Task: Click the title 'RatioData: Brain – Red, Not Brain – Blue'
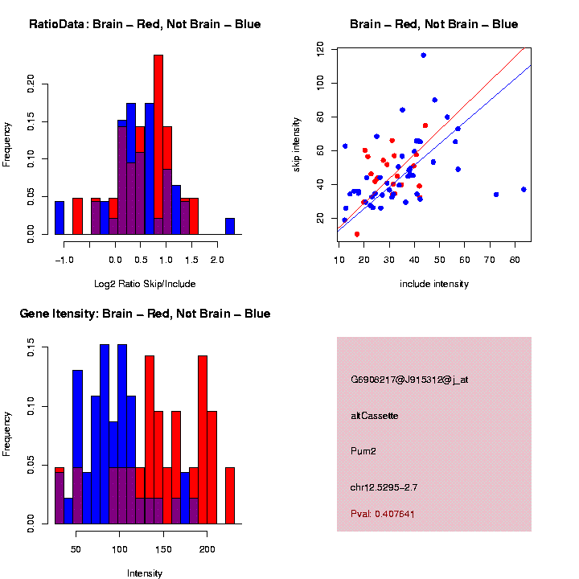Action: click(x=145, y=24)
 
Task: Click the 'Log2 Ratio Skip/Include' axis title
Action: click(x=145, y=284)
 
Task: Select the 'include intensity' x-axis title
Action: click(x=434, y=284)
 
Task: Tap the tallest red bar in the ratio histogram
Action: click(x=158, y=145)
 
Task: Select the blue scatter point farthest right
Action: click(x=524, y=189)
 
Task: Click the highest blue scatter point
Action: click(x=424, y=55)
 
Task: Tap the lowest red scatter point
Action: click(x=357, y=234)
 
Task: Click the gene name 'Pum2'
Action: click(x=363, y=451)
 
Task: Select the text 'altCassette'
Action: click(x=375, y=416)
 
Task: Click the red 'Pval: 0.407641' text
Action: click(x=383, y=513)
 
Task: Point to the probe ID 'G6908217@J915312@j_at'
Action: click(x=409, y=380)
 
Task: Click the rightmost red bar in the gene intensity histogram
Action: click(x=230, y=495)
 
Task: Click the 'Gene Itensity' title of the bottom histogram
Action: click(x=145, y=314)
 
